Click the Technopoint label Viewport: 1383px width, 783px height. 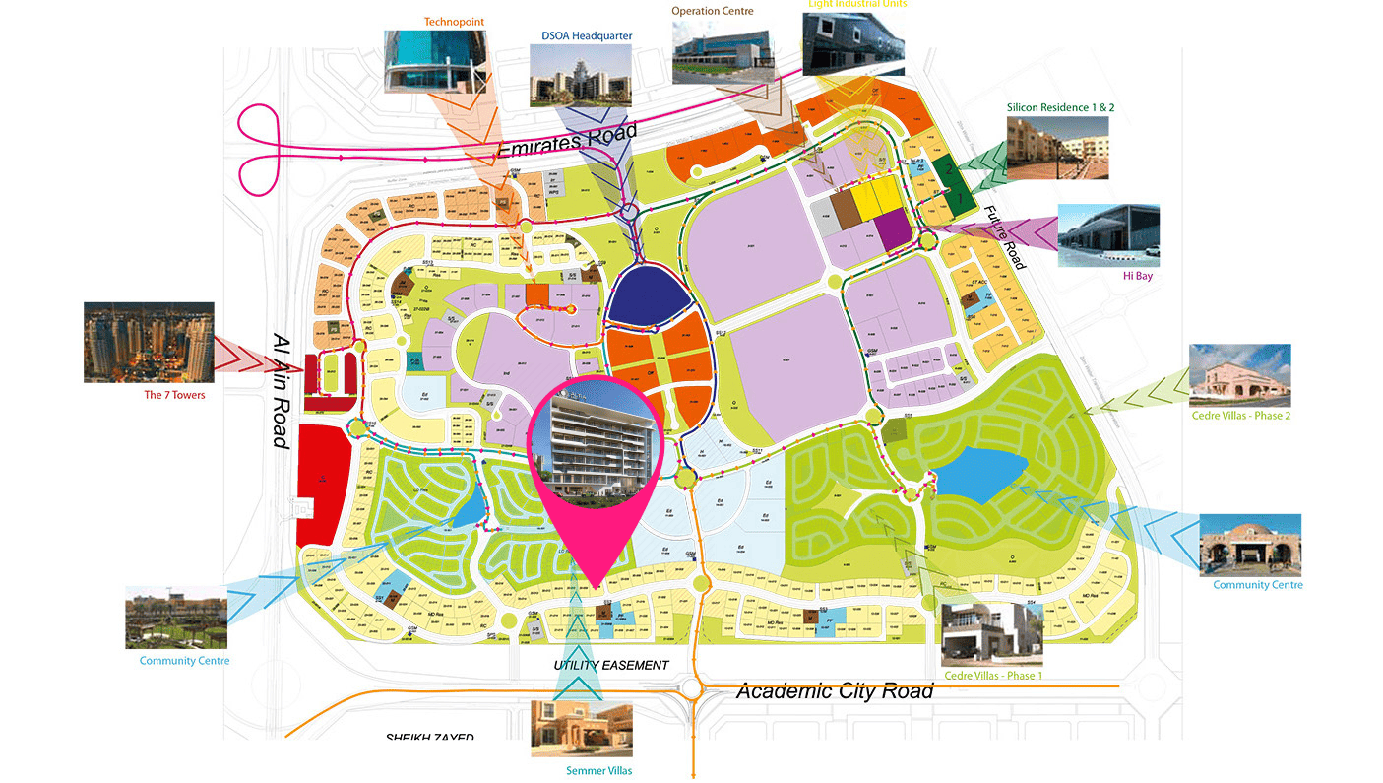pyautogui.click(x=454, y=21)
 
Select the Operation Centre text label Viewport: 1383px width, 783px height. pyautogui.click(x=713, y=11)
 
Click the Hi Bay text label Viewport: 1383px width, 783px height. pyautogui.click(x=1137, y=277)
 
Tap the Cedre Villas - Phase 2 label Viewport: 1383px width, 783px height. pyautogui.click(x=1240, y=416)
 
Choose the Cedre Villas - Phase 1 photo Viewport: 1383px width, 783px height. pyautogui.click(x=991, y=634)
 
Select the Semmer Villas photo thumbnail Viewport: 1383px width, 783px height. pyautogui.click(x=581, y=729)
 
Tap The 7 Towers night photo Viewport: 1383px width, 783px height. pyautogui.click(x=149, y=342)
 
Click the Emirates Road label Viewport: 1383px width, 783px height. pyautogui.click(x=567, y=141)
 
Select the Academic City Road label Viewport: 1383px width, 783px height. pyautogui.click(x=834, y=691)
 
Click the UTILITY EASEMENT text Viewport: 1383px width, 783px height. pyautogui.click(x=610, y=666)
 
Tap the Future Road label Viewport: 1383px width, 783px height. pyautogui.click(x=1005, y=237)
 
